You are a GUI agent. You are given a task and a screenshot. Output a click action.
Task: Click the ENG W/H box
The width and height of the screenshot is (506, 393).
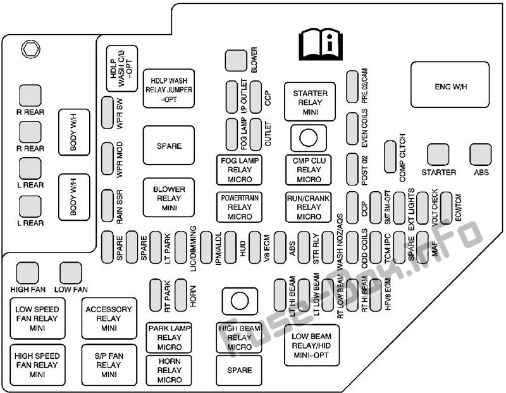click(x=450, y=85)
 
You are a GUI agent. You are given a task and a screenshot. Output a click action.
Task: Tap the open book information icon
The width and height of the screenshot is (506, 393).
click(x=321, y=44)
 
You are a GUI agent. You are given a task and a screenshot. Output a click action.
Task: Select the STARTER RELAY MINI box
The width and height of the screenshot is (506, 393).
click(x=310, y=102)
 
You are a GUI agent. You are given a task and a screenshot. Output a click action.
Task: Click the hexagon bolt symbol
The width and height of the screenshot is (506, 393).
click(x=30, y=49)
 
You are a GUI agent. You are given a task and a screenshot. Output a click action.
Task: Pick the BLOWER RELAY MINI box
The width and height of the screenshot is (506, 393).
click(x=169, y=197)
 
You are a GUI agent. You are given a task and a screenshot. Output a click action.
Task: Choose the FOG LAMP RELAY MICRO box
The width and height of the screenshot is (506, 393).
click(x=239, y=170)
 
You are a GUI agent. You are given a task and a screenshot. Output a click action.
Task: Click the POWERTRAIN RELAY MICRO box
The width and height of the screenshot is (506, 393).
click(x=239, y=207)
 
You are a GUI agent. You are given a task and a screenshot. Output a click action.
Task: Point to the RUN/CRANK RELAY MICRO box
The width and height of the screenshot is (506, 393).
click(x=309, y=207)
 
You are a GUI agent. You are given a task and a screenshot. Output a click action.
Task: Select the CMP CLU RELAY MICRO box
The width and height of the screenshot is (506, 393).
click(x=309, y=170)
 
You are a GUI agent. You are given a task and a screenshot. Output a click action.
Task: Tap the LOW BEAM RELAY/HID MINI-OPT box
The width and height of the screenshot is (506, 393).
click(x=312, y=345)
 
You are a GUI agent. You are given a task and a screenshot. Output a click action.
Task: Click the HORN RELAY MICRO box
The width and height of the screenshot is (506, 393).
click(x=169, y=370)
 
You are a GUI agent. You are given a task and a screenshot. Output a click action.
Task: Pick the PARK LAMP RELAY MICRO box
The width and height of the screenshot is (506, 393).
click(x=169, y=337)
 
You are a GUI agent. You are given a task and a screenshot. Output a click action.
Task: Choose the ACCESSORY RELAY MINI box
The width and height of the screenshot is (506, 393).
click(x=109, y=318)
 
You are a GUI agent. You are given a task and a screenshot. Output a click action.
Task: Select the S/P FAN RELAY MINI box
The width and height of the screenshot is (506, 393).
click(x=109, y=365)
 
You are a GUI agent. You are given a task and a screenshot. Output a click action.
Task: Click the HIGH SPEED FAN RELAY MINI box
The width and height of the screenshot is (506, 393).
click(x=37, y=365)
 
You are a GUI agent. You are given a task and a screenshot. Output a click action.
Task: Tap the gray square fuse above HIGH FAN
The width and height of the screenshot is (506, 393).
click(x=27, y=273)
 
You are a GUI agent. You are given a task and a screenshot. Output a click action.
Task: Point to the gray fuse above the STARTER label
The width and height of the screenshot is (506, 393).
click(x=438, y=154)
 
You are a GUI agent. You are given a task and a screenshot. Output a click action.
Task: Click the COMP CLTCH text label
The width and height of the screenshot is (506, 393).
click(x=402, y=158)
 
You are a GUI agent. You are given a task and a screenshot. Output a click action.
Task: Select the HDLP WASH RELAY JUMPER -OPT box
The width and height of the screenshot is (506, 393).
click(x=169, y=89)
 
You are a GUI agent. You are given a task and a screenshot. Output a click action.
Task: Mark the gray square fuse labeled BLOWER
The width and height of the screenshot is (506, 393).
click(x=236, y=60)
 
